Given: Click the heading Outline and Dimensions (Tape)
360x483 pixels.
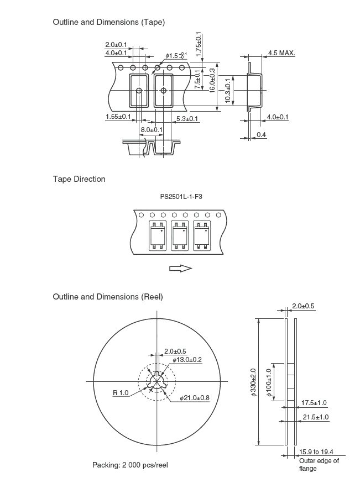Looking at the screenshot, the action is [x=109, y=22].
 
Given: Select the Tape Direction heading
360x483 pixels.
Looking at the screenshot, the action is [x=79, y=179].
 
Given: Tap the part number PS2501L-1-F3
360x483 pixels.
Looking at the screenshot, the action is [x=181, y=197].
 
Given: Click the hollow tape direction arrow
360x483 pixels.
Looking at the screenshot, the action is [x=181, y=268].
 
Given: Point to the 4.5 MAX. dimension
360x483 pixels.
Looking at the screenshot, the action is [x=281, y=53].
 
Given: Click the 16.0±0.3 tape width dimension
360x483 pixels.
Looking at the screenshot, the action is [x=212, y=80].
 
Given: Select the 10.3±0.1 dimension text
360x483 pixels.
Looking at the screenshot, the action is [x=228, y=91].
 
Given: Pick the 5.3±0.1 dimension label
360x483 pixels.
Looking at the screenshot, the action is [x=187, y=119].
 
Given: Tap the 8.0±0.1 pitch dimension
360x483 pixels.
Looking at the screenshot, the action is [x=152, y=130].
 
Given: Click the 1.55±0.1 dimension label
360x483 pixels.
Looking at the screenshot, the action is [x=118, y=117].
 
